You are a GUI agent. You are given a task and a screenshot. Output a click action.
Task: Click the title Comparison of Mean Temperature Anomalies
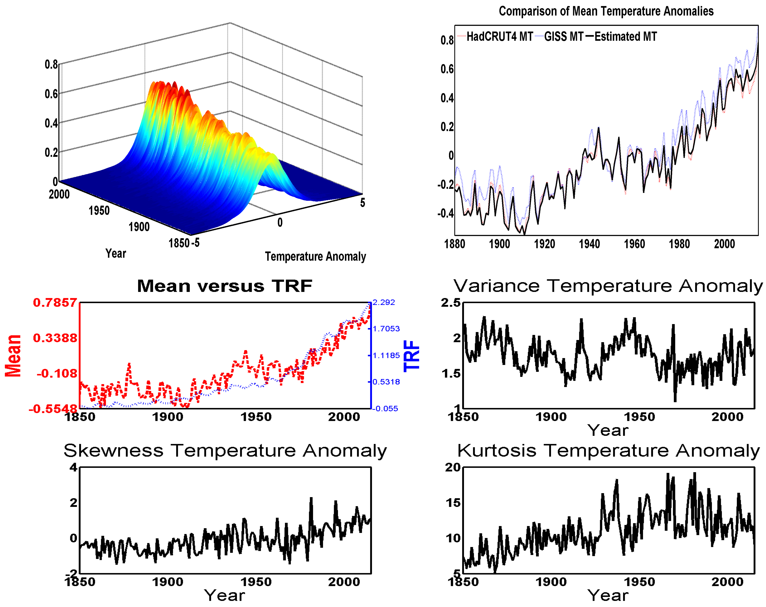click(x=606, y=11)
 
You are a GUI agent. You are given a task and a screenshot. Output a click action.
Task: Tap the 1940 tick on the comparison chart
click(x=589, y=244)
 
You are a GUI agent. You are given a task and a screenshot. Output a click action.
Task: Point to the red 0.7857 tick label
click(x=55, y=303)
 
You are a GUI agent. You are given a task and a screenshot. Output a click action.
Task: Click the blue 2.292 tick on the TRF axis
click(x=384, y=303)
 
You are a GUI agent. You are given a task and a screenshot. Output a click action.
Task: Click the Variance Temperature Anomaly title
click(x=608, y=286)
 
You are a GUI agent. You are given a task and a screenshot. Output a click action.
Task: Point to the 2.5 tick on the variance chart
click(x=451, y=303)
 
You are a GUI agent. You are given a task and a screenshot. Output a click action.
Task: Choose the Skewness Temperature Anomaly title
click(x=225, y=451)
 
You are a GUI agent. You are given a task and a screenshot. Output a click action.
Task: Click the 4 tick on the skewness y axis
click(x=73, y=467)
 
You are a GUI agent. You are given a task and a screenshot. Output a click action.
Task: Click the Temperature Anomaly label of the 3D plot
click(x=315, y=256)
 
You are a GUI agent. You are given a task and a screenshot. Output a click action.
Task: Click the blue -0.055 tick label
click(x=385, y=409)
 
